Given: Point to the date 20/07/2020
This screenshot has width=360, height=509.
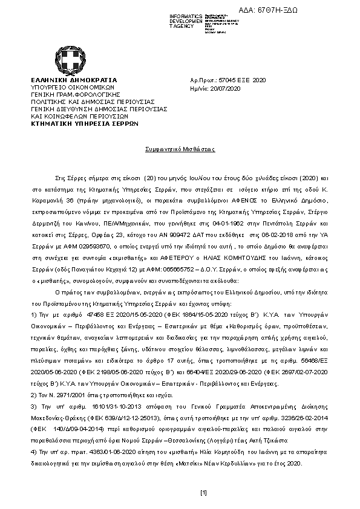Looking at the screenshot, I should (224, 88).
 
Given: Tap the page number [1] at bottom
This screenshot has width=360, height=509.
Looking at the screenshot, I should (203, 492).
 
